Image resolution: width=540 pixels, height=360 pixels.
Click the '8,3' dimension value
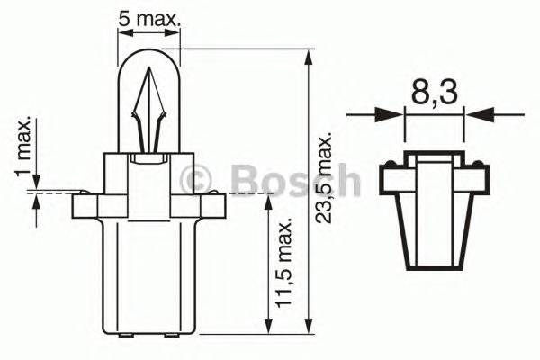click(x=434, y=91)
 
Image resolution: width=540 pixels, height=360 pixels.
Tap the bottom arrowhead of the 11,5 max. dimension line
click(x=267, y=327)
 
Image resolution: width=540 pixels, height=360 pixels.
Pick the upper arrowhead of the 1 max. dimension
click(x=36, y=184)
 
